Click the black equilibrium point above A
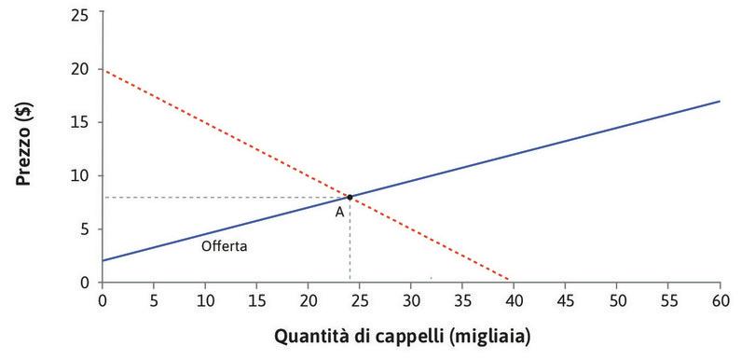(350, 197)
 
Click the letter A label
(340, 212)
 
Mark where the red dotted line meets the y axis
(103, 69)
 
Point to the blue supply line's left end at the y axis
(103, 260)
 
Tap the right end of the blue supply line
(720, 101)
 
